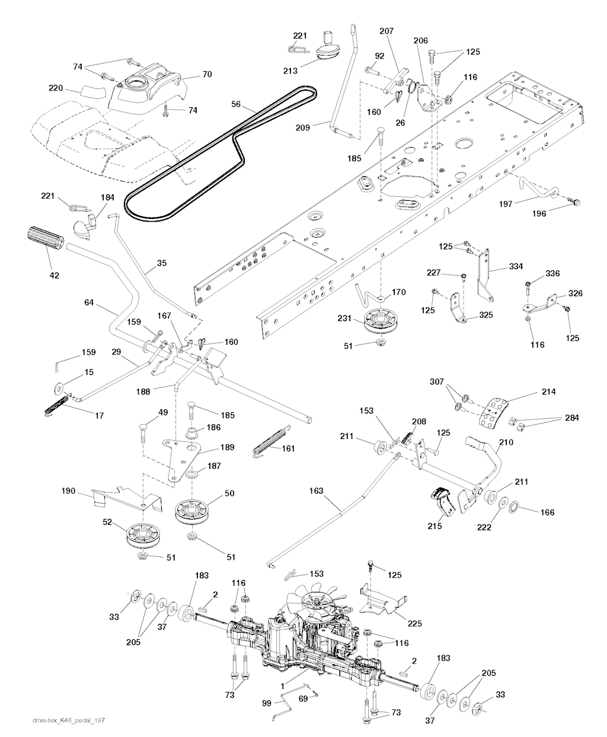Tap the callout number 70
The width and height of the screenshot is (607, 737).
[x=207, y=75]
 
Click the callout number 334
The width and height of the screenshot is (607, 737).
[x=516, y=267]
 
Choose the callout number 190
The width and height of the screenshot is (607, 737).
[x=69, y=491]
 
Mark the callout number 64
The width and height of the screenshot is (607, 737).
[x=90, y=303]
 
